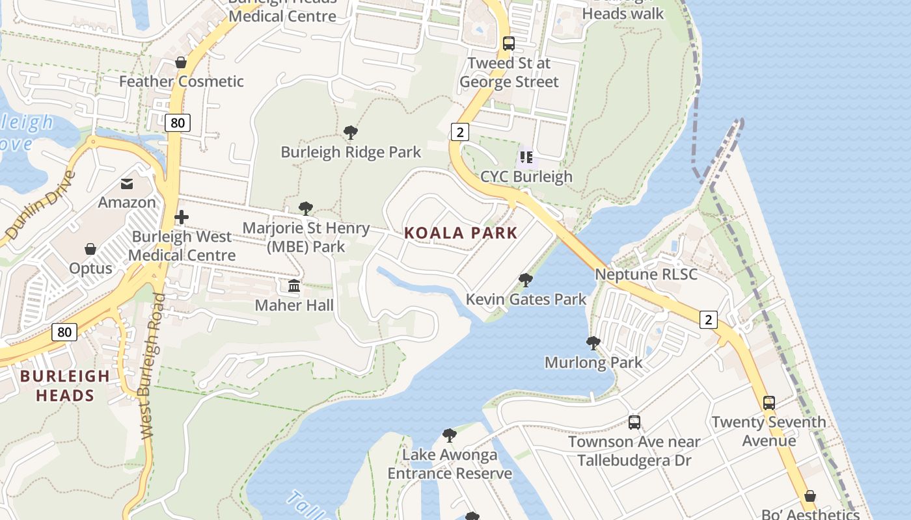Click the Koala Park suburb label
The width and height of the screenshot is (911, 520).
click(461, 233)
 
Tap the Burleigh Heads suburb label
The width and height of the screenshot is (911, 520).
click(64, 385)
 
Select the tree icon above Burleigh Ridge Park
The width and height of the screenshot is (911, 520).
click(351, 133)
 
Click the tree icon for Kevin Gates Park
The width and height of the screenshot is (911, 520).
click(526, 280)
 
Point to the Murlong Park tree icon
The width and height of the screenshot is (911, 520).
click(593, 343)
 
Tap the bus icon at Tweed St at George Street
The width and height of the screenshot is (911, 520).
click(509, 44)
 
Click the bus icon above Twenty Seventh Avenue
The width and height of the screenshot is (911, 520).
click(769, 402)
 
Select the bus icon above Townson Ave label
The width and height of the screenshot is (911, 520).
click(634, 422)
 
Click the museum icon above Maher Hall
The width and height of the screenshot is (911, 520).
click(294, 285)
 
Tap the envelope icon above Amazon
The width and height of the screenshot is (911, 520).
click(127, 184)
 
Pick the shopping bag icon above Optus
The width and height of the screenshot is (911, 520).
click(90, 249)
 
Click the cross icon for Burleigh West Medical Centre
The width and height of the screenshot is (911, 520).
click(182, 217)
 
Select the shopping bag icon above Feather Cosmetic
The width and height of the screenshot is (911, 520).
click(181, 62)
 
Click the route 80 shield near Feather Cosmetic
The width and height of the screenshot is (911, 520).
click(177, 122)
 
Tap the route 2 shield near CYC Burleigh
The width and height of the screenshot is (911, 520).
click(460, 133)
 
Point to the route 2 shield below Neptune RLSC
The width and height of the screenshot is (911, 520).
click(709, 319)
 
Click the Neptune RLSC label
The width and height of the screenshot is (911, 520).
click(646, 274)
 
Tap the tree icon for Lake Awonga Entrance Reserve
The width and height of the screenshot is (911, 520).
click(449, 435)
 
